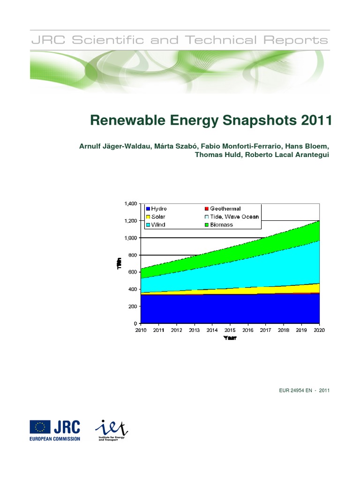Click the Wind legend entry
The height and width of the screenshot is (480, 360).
(156, 225)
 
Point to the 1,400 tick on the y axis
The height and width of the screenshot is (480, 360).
(130, 204)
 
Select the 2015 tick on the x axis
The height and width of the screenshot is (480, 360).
(230, 330)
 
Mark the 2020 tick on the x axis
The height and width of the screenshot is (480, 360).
(319, 330)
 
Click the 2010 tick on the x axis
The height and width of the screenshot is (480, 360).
(141, 330)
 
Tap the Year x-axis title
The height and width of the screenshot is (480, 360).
(229, 338)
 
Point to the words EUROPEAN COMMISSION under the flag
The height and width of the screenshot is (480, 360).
(55, 439)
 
